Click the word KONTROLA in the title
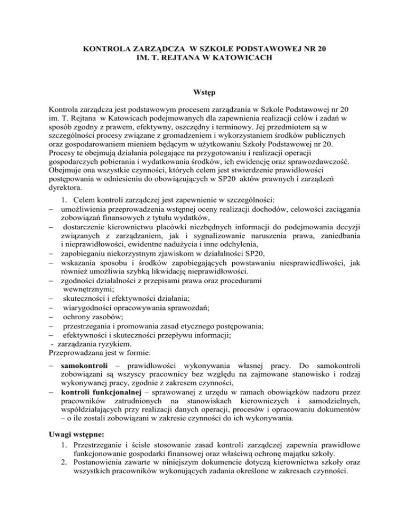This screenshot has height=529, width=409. tap(103, 49)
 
